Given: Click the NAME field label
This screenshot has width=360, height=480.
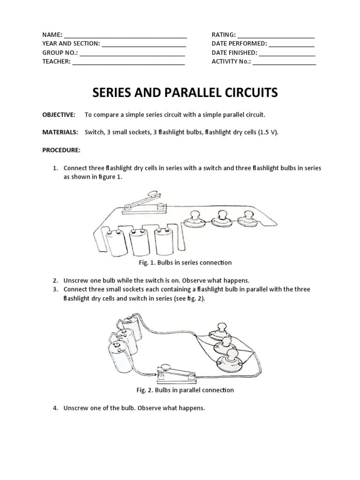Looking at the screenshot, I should click(52, 35).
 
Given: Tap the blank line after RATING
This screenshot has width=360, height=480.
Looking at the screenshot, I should click(276, 35).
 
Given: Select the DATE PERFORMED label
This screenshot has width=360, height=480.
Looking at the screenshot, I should click(239, 44).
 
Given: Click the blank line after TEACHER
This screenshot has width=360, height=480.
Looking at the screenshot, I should click(128, 61).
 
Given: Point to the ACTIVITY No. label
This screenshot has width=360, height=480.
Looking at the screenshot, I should click(231, 61).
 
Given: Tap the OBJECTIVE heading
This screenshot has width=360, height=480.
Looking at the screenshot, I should click(59, 114).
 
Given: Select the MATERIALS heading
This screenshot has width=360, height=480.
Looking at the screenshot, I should click(60, 132).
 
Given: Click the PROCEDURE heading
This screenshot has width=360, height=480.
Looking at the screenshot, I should click(61, 150).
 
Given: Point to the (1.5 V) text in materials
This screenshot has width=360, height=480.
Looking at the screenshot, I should click(269, 132).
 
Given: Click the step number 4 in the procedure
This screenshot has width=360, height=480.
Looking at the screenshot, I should click(55, 408).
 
